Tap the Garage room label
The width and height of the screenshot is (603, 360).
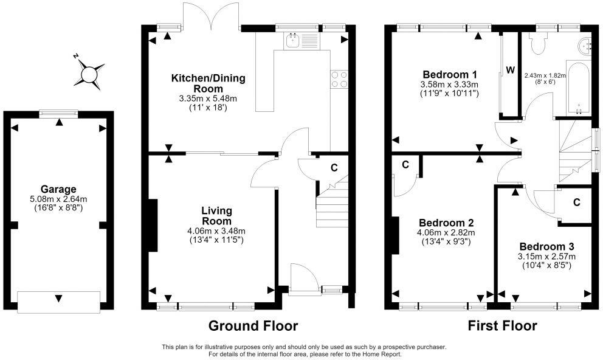point(58,189)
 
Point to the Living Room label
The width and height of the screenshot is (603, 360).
point(217,216)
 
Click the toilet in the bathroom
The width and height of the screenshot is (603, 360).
point(537,43)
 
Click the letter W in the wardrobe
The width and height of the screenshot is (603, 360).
point(511,70)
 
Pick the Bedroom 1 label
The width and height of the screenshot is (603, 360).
point(450,74)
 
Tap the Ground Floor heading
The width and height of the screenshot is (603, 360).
point(253,326)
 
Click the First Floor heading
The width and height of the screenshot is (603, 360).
point(502,326)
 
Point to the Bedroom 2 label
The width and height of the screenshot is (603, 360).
point(446,223)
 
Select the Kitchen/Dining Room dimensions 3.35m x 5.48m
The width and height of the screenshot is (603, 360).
point(208,99)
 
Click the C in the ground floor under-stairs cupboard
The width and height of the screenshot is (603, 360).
point(334,168)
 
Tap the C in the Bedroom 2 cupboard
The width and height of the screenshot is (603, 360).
point(405,165)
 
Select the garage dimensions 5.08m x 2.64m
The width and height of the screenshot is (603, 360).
point(58,199)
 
